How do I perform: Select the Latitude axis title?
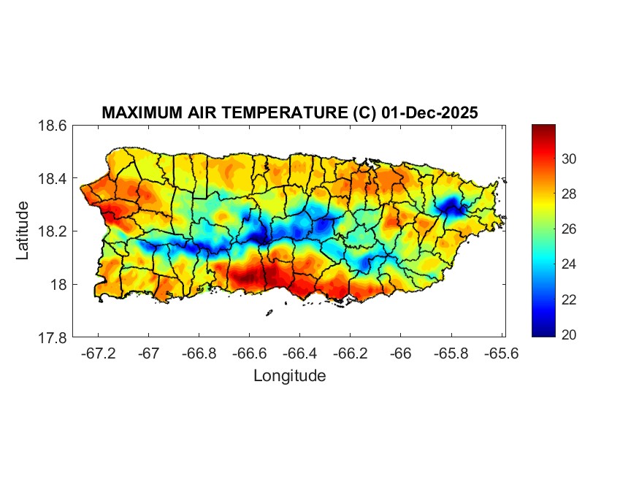point(23,230)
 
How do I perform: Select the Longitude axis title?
point(289,376)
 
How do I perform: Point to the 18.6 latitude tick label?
point(53,126)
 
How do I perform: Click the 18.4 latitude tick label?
point(53,179)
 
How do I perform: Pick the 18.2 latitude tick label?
point(53,231)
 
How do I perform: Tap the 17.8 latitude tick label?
point(53,337)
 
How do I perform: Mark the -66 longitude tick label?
point(400,353)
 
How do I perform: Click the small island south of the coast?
point(269,313)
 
